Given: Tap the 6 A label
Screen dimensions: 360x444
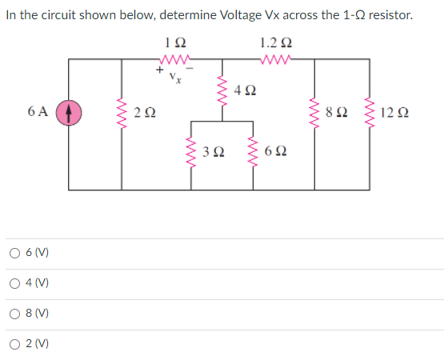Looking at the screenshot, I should pyautogui.click(x=40, y=113).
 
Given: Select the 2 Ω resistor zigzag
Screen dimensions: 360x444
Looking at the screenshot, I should pyautogui.click(x=122, y=114).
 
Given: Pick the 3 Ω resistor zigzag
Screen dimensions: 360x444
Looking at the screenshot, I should pyautogui.click(x=192, y=151).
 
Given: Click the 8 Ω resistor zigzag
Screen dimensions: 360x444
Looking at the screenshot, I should pyautogui.click(x=317, y=114).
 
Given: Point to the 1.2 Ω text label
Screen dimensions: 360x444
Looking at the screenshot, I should pyautogui.click(x=276, y=42).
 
